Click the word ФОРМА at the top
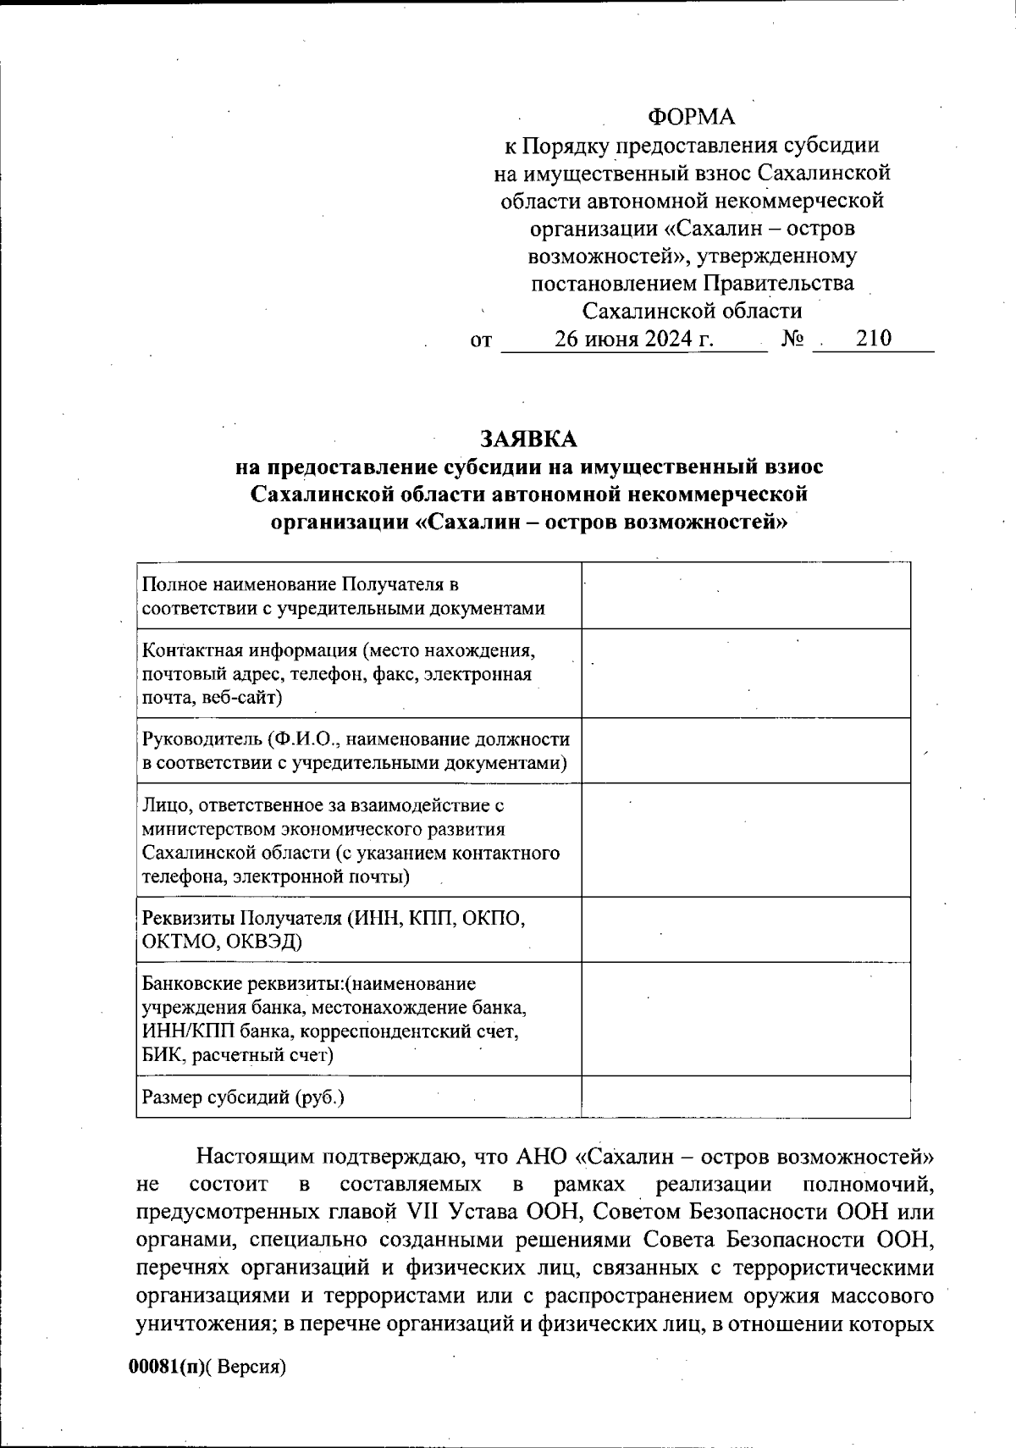(692, 117)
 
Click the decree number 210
(873, 339)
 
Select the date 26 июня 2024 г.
(634, 339)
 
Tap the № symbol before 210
(792, 339)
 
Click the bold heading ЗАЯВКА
(528, 439)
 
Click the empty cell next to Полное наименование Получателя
(745, 596)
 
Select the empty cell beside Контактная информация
(745, 673)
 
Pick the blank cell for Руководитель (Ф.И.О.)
(745, 750)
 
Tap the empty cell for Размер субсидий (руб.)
(745, 1097)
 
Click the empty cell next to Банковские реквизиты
(745, 1019)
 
